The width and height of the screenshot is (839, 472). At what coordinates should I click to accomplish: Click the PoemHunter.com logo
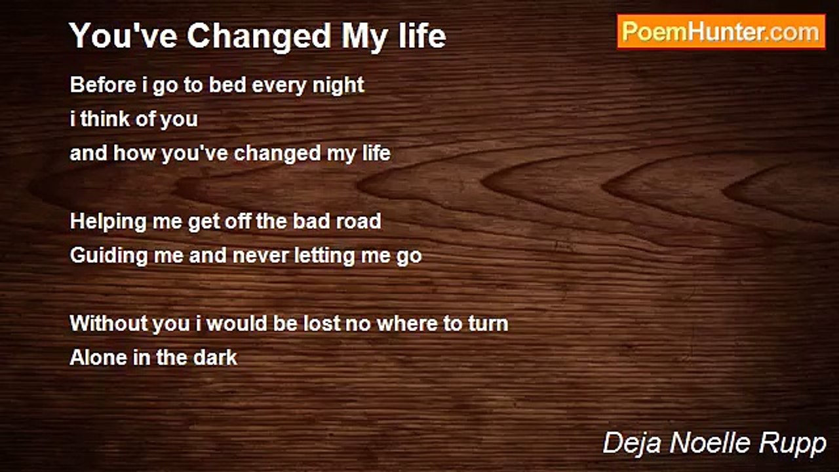pyautogui.click(x=721, y=31)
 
